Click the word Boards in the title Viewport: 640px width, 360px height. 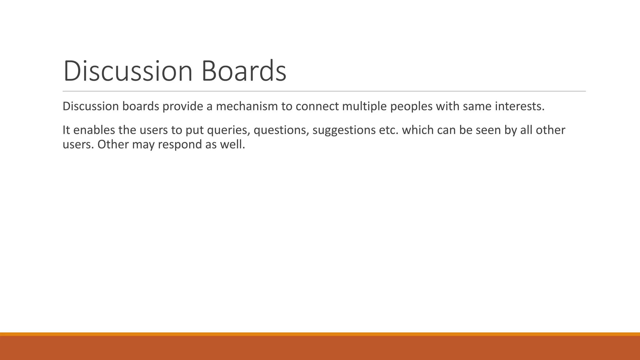[x=244, y=71]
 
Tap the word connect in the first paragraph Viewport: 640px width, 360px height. [x=317, y=107]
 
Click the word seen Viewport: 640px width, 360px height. [x=488, y=130]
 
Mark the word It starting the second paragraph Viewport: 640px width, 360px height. [x=66, y=130]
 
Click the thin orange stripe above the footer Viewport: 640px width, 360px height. [x=320, y=334]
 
